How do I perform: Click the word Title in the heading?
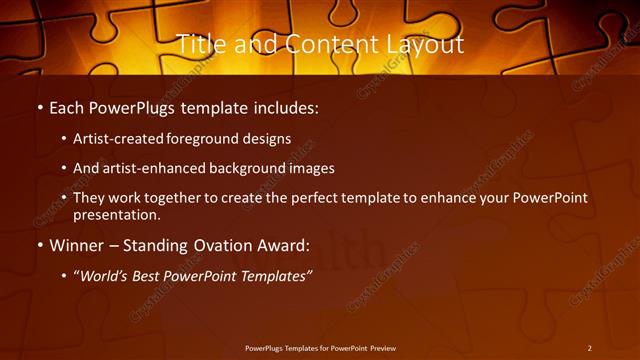pyautogui.click(x=198, y=44)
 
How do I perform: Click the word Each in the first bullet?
pyautogui.click(x=67, y=106)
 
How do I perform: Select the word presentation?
pyautogui.click(x=116, y=214)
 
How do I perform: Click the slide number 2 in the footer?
pyautogui.click(x=589, y=348)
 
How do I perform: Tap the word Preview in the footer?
pyautogui.click(x=381, y=348)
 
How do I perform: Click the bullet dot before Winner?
pyautogui.click(x=39, y=246)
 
